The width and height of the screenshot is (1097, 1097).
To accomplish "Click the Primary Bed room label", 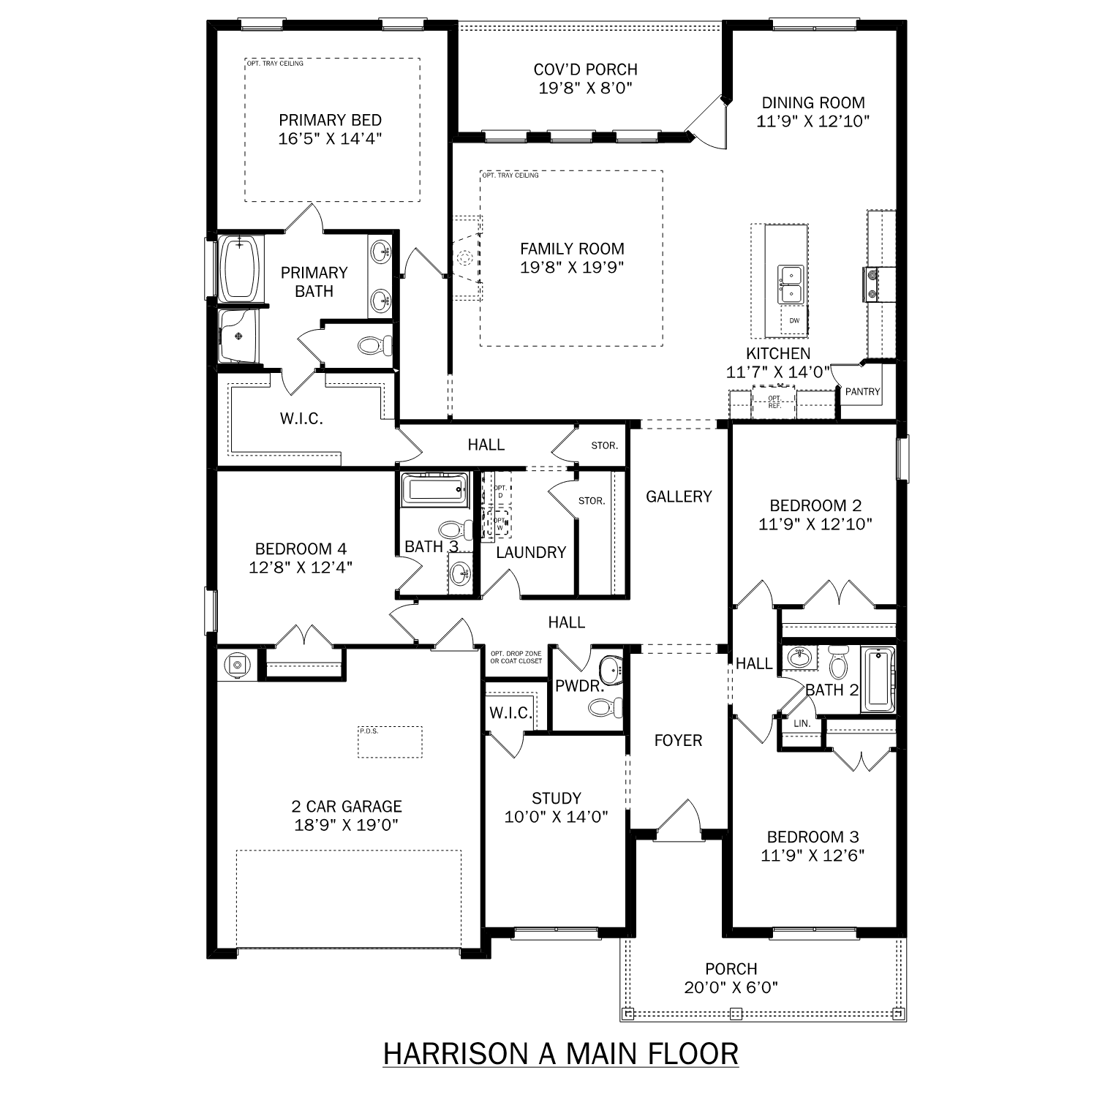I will tap(330, 121).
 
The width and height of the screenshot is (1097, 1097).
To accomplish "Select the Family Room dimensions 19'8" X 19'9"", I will tap(571, 268).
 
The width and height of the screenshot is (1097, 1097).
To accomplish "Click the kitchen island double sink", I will tap(790, 284).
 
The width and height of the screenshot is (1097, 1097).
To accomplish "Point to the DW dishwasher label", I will tap(794, 321).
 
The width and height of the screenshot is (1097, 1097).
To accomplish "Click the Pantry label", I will tap(862, 392).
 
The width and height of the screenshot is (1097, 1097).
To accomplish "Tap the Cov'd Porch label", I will tap(585, 69).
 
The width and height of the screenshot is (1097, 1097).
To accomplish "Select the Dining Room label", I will tap(813, 103).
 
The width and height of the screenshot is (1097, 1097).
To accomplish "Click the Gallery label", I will tap(678, 497).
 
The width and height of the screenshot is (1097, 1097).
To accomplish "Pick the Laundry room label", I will tap(531, 553).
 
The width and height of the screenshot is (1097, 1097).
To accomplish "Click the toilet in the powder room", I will tap(604, 707).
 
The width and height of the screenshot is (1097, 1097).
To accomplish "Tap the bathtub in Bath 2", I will tap(877, 679).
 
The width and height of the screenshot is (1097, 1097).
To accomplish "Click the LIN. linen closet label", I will tap(802, 723).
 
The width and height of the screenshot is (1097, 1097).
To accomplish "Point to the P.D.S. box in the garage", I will tap(390, 742).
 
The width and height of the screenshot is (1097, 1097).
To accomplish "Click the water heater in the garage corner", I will tap(236, 665).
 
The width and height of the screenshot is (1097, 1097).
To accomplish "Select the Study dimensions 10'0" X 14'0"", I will tap(556, 817).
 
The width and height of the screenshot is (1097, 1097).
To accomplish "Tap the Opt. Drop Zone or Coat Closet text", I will tap(516, 657).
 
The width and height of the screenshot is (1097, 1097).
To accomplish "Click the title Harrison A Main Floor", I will tap(560, 1054).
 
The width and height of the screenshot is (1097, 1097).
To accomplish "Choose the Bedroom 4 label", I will tap(301, 549).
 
